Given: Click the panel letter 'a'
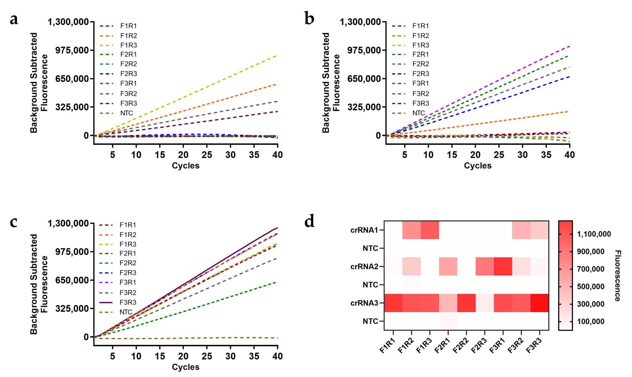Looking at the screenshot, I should [14, 20].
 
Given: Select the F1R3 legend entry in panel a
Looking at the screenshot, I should [129, 45].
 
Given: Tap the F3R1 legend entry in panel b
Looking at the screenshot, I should [421, 83].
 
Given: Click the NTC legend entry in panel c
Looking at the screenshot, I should [126, 312].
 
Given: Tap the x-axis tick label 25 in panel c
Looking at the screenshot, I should [207, 356].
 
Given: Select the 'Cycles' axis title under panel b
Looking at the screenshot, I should [478, 166].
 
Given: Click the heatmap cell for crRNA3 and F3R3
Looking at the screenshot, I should [539, 303].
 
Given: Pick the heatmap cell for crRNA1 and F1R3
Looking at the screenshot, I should [430, 230].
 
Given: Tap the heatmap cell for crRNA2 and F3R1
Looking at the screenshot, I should [503, 266].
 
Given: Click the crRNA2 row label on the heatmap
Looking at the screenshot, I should [364, 267].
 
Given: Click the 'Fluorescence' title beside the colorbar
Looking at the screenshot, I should [618, 276].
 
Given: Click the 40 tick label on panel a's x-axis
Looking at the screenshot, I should [278, 155].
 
